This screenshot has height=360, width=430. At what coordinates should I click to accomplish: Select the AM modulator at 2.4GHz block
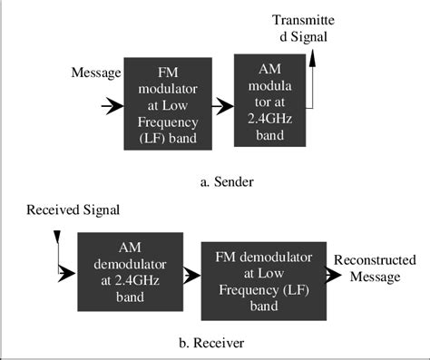click(x=270, y=99)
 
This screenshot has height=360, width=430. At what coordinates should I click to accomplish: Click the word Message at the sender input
click(x=95, y=73)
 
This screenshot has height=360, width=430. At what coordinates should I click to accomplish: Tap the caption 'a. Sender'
click(x=227, y=181)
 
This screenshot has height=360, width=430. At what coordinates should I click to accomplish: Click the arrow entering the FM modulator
click(x=112, y=107)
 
